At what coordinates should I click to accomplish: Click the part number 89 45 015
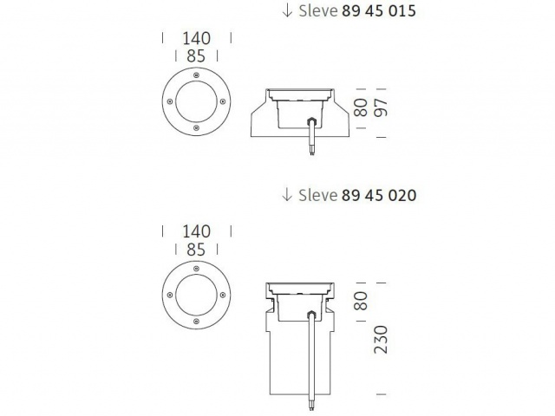379,10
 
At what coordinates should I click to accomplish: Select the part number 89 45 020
379,195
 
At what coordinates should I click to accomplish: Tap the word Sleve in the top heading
318,10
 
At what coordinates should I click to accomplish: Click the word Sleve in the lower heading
318,195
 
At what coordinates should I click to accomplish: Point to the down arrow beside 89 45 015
287,10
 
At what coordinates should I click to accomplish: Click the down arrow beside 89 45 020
287,195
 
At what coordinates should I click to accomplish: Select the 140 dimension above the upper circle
197,38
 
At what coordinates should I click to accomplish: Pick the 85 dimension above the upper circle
196,55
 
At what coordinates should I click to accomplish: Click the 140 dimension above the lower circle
197,231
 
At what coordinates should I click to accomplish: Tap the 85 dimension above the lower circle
196,250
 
